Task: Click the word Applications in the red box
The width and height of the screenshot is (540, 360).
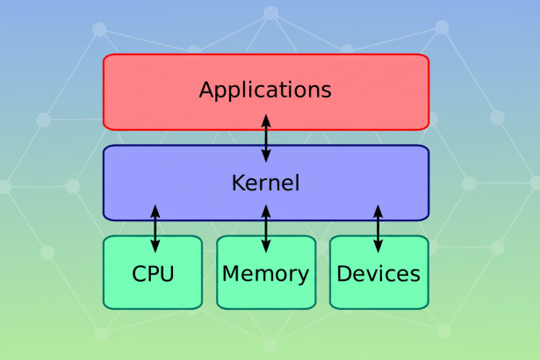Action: pos(265,90)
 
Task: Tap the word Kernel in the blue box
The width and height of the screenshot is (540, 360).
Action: pos(265,184)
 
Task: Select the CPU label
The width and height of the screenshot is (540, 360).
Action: pos(154,273)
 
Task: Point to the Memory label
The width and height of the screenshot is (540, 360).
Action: pos(265,273)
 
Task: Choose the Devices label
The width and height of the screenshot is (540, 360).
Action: pos(378,273)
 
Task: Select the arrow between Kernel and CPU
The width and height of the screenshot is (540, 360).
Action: pos(155,228)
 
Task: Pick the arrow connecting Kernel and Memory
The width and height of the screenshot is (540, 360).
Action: pos(266,228)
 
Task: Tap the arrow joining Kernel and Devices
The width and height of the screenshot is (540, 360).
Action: pos(378,228)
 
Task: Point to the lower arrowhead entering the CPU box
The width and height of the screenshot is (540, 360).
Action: pos(155,247)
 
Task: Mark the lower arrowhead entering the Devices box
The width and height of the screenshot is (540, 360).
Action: pos(378,247)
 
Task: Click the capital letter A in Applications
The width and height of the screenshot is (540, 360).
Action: pos(207,90)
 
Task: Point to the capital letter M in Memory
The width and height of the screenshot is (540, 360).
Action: pos(232,273)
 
